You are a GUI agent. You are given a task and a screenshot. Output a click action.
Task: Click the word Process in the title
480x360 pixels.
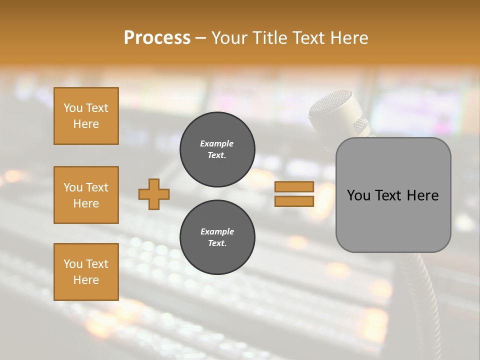(157, 38)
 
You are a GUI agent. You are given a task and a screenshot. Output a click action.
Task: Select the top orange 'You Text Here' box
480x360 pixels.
(86, 116)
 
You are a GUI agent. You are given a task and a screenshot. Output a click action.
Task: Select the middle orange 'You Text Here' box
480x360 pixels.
(86, 195)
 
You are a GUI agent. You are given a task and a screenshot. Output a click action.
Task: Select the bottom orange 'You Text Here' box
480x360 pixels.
(86, 271)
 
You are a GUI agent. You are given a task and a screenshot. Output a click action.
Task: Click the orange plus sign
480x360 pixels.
(154, 194)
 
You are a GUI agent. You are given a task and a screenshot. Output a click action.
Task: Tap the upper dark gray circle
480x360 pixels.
(217, 149)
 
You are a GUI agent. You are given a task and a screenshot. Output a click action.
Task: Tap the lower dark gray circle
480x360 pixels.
(217, 237)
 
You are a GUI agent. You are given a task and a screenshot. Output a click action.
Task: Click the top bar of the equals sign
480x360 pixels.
(294, 187)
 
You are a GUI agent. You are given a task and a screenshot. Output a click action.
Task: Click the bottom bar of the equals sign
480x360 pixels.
(294, 201)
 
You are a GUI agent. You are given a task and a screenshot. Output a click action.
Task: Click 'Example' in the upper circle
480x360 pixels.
(216, 143)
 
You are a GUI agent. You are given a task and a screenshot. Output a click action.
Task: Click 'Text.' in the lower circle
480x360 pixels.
(217, 243)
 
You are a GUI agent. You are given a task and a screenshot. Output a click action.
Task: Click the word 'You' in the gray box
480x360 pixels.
(359, 195)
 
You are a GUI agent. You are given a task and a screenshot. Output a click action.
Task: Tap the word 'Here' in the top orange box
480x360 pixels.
(86, 124)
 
